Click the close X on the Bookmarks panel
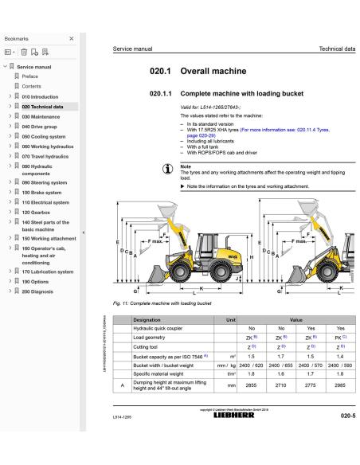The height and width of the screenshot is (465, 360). click(x=71, y=38)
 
